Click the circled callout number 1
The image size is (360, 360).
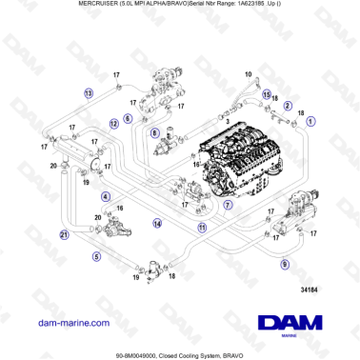(310, 122)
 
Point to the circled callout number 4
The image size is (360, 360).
(105, 196)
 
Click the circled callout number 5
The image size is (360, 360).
(96, 256)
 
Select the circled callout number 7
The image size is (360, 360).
(227, 204)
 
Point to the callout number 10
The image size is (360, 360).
(249, 74)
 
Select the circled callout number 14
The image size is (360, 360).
(156, 223)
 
